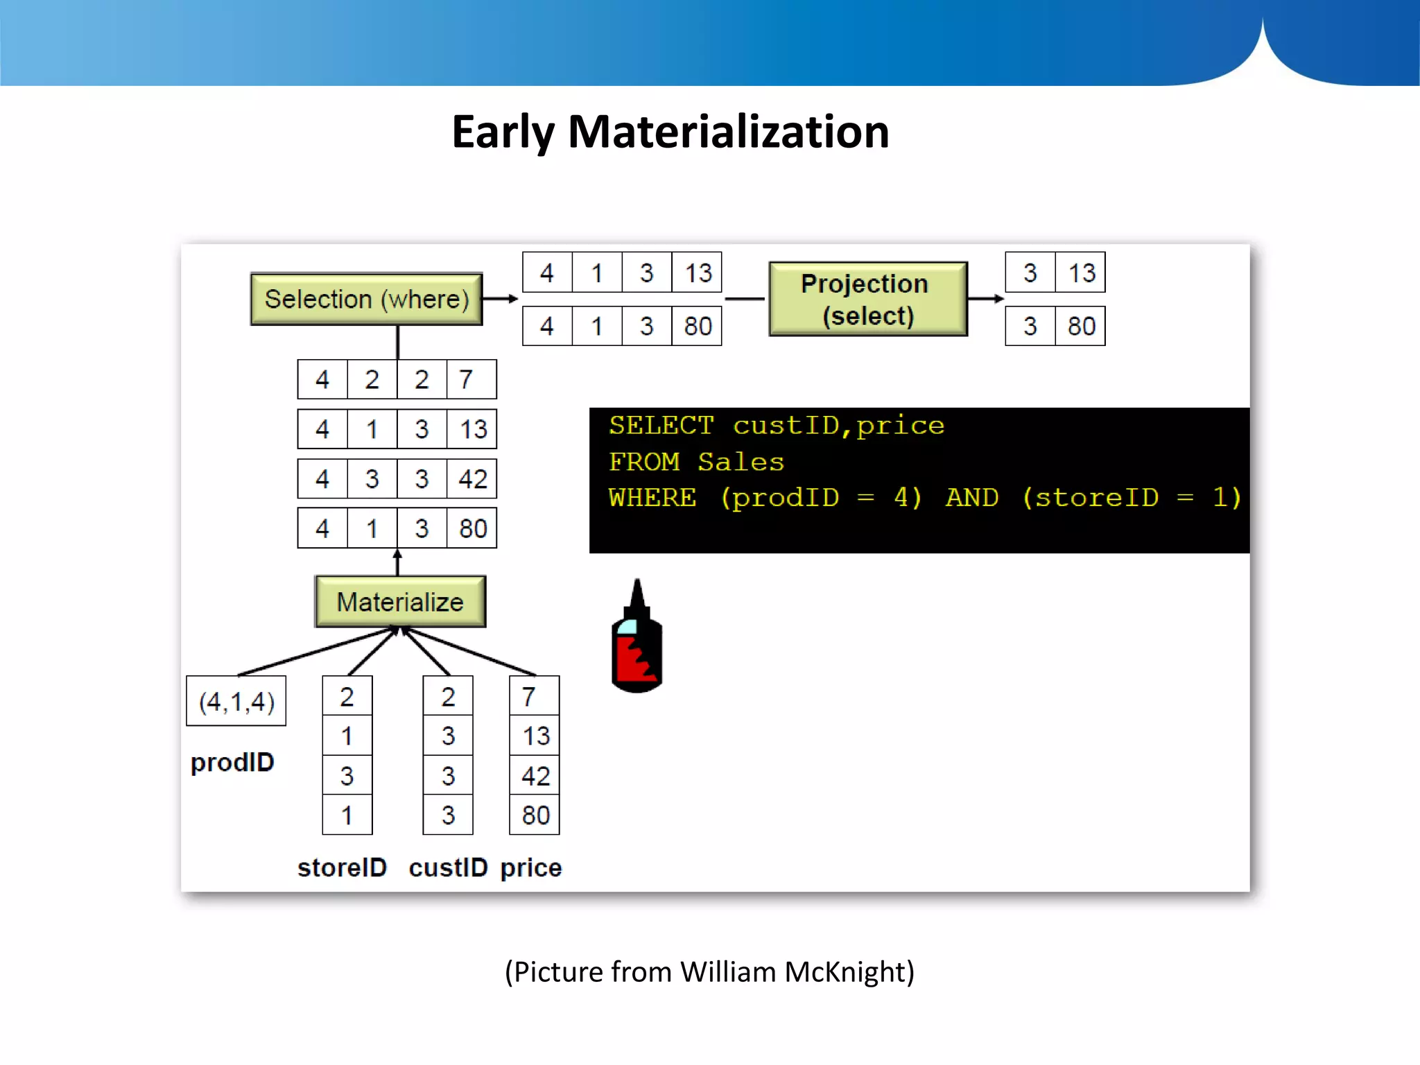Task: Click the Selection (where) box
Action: (x=366, y=299)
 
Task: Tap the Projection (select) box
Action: (x=867, y=299)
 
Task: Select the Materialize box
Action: (x=400, y=601)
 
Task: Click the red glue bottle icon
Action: (x=637, y=641)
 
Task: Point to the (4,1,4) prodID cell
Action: (x=236, y=701)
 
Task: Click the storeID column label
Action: (x=342, y=867)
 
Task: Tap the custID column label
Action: (x=448, y=867)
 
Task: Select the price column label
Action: (x=531, y=867)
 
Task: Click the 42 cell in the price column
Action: (x=535, y=775)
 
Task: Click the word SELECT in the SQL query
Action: (x=661, y=425)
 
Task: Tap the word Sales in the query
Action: (x=741, y=462)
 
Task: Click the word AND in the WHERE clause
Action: (x=972, y=497)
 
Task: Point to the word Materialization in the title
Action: (x=728, y=132)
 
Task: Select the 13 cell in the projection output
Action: (x=1080, y=272)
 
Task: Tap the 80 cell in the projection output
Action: (x=1080, y=326)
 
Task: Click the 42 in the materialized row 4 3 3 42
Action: (x=472, y=478)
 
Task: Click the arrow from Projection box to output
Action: (x=985, y=299)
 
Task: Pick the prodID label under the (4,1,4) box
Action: (x=232, y=762)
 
